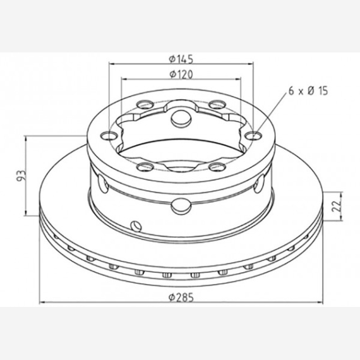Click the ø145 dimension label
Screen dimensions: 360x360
pos(181,59)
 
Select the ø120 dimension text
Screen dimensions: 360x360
pos(181,74)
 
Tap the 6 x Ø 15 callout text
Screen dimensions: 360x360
pos(308,91)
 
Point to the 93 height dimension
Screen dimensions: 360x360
pos(21,176)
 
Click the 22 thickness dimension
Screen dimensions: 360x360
pos(335,206)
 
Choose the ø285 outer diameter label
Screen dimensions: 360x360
pos(181,297)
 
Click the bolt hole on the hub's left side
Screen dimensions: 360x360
pos(109,136)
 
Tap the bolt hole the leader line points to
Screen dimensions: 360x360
pos(253,136)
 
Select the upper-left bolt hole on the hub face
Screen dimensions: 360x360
pos(145,104)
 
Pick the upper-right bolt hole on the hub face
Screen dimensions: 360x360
pos(217,104)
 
